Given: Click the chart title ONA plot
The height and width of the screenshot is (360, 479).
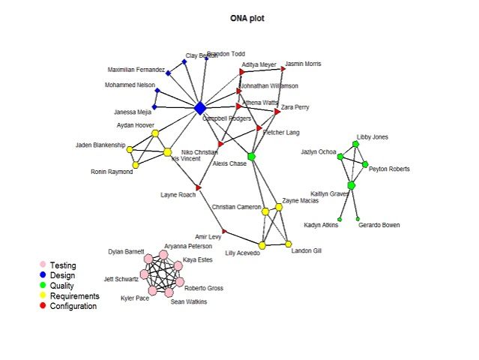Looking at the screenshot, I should (247, 17).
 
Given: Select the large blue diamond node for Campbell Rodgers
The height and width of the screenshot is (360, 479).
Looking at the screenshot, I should (200, 108).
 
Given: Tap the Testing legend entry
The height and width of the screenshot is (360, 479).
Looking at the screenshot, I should (62, 265).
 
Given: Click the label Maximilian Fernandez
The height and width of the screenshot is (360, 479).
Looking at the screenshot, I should (136, 70).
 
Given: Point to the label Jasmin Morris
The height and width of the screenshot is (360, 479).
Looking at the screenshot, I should (303, 64).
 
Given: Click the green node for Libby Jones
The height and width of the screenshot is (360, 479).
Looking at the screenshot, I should (355, 144).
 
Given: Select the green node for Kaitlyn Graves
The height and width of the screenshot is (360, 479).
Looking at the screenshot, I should (351, 184).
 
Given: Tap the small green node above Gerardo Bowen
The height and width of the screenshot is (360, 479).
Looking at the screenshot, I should (358, 218).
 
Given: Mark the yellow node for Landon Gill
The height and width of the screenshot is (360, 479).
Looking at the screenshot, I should (289, 244).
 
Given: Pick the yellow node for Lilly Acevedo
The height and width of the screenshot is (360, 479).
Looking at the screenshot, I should (262, 244).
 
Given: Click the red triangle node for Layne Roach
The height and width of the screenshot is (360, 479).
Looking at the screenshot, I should (199, 187).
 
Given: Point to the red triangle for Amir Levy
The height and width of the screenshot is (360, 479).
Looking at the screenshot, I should (223, 231).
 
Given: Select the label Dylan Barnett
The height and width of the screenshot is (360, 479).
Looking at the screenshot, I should (124, 251).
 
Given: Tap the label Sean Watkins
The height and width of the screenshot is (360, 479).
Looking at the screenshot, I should (188, 301).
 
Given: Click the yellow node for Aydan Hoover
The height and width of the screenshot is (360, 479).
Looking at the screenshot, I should (155, 133).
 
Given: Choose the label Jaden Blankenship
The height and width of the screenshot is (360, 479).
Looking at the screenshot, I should (100, 145).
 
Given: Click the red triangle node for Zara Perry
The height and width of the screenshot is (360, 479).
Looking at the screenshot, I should (277, 111).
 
